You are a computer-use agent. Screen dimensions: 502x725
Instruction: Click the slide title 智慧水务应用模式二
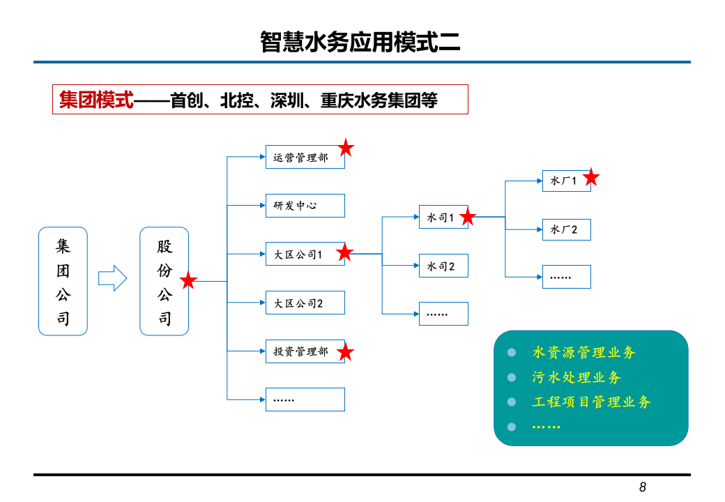pos(360,42)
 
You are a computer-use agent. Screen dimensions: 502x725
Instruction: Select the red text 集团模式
pos(96,100)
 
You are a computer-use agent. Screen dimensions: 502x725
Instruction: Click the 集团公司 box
pos(63,281)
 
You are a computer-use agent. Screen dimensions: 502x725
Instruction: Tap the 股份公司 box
pos(164,281)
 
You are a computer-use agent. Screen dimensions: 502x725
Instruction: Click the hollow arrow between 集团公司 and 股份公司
pos(112,279)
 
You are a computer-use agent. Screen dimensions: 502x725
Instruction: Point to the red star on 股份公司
pos(188,281)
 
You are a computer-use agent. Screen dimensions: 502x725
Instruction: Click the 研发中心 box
pos(305,206)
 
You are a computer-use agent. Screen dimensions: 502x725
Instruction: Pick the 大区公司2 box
pos(305,303)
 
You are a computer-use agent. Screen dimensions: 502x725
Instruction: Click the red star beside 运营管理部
pos(346,148)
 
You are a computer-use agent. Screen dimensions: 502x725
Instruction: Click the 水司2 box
pos(443,266)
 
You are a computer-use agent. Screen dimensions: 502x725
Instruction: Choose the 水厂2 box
pos(566,229)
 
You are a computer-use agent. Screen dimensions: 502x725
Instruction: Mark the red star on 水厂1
pos(590,178)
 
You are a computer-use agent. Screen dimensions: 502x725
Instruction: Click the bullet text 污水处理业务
pos(576,377)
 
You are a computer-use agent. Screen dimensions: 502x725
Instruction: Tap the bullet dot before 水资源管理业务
pos(512,353)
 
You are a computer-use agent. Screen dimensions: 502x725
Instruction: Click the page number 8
pos(642,487)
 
